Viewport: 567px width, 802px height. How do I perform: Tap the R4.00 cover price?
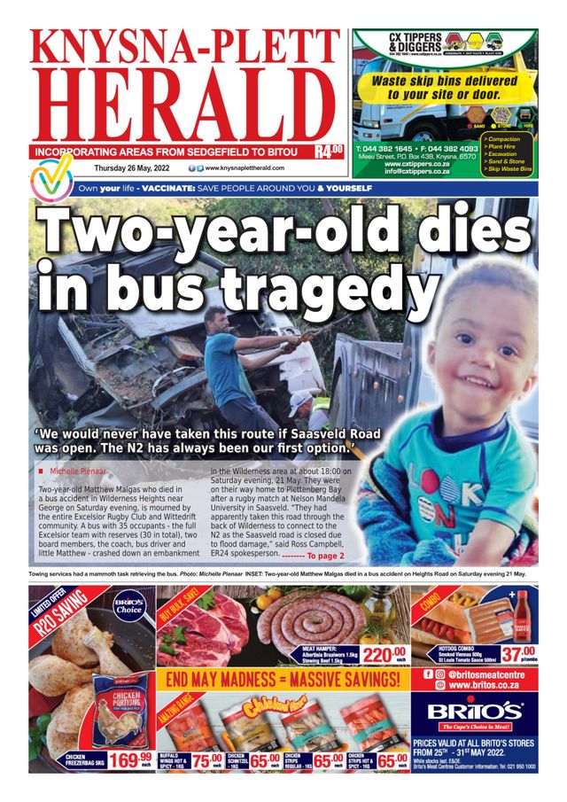[x=329, y=152]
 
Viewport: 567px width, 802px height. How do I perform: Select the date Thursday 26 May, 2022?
[x=132, y=167]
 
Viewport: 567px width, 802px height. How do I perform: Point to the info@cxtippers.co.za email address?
[x=416, y=171]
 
